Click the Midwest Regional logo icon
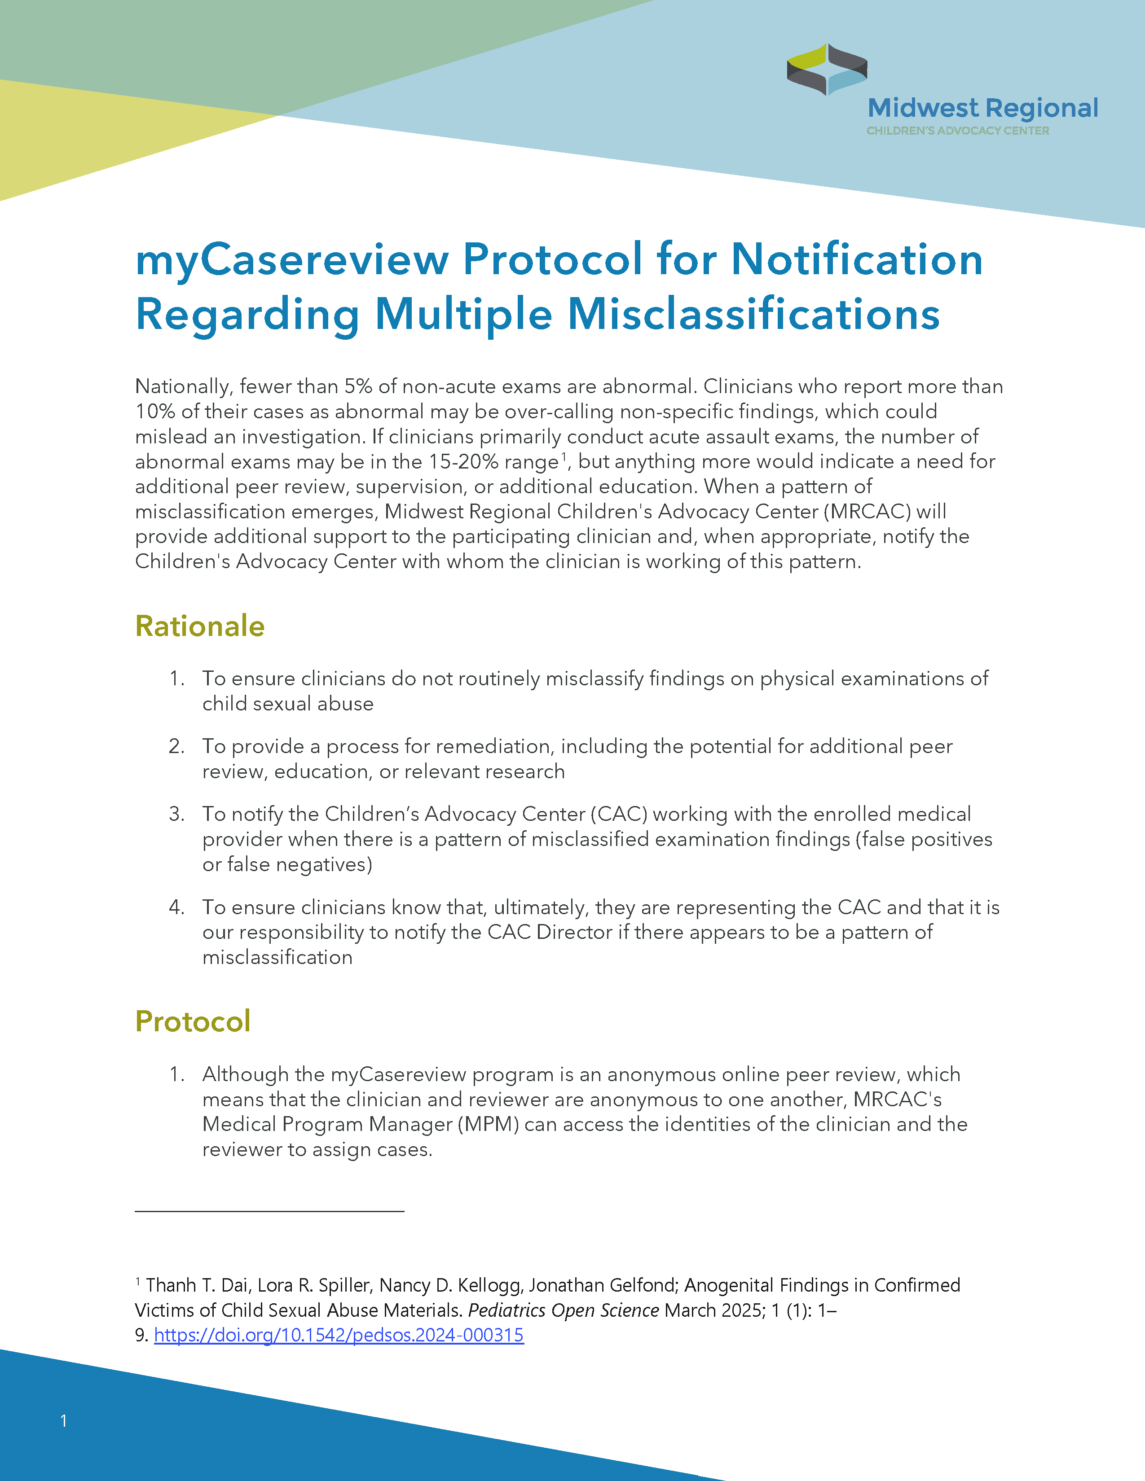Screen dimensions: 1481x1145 (x=826, y=69)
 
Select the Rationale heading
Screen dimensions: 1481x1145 (x=199, y=626)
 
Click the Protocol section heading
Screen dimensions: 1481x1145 (x=193, y=1021)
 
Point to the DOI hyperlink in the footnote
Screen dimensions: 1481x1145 (x=339, y=1335)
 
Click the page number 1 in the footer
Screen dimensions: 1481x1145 (x=64, y=1421)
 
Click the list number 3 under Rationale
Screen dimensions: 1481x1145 (x=176, y=814)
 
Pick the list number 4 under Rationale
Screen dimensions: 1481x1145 (x=176, y=907)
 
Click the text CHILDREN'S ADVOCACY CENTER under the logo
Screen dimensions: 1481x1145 (x=957, y=131)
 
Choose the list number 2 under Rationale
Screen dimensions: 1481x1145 (x=176, y=747)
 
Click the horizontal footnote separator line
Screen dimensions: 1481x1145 (x=269, y=1210)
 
